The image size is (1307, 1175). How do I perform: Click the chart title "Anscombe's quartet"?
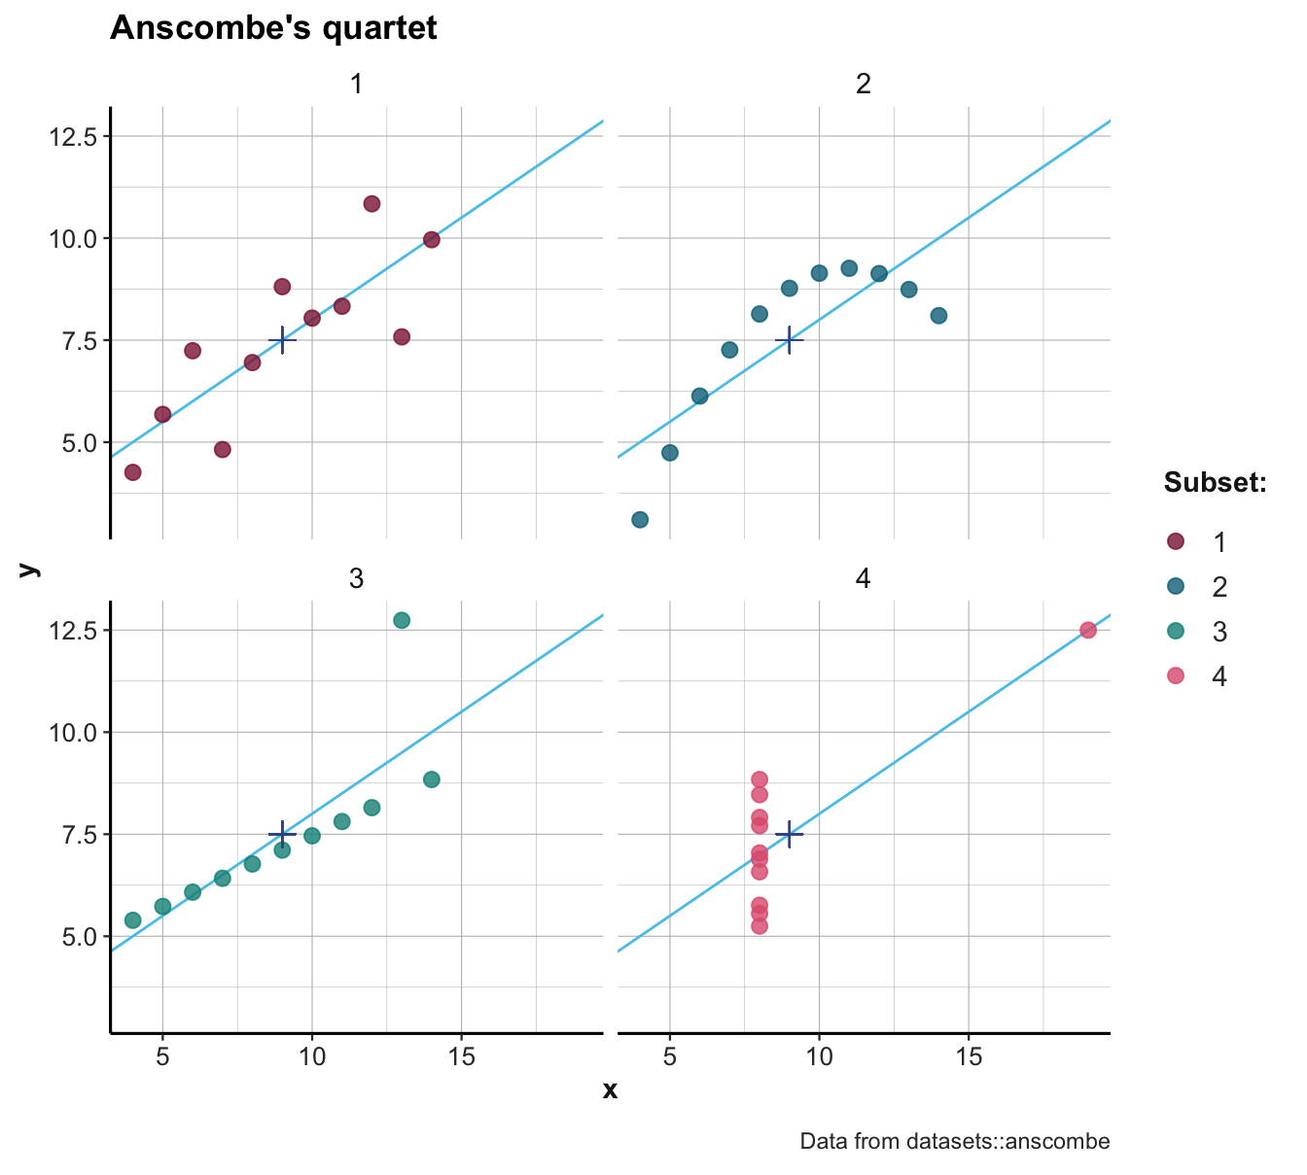(273, 28)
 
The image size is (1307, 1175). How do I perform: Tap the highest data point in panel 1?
(371, 204)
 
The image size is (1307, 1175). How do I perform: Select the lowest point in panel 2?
(640, 519)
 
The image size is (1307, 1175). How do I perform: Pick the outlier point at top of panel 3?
(402, 620)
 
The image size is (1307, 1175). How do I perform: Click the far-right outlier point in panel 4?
(1088, 630)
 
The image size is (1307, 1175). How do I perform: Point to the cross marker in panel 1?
(282, 340)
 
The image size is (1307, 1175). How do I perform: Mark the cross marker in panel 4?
(789, 834)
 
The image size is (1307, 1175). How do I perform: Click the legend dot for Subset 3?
(1175, 632)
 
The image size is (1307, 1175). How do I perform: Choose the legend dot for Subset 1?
(1175, 542)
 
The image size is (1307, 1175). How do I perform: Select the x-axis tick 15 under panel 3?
(461, 1056)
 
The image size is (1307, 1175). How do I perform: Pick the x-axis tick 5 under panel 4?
(670, 1056)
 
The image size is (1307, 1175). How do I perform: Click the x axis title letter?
(610, 1090)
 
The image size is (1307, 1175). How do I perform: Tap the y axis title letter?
(29, 570)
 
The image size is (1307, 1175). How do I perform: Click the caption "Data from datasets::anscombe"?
(954, 1141)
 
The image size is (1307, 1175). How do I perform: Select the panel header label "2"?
(863, 85)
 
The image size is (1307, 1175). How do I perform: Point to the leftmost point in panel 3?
(133, 919)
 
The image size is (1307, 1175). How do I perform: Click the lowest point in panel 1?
(133, 472)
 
